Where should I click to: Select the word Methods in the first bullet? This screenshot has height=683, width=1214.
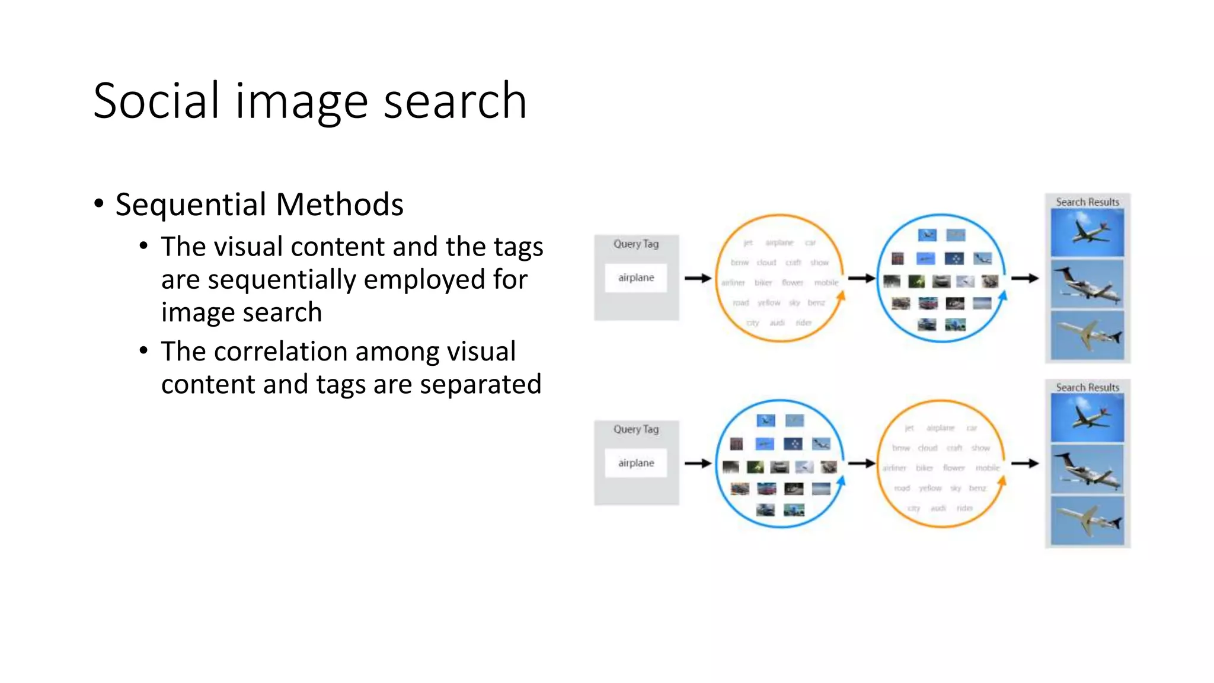coord(340,205)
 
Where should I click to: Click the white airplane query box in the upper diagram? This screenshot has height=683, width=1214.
coord(636,277)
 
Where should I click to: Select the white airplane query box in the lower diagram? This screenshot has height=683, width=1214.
coord(636,463)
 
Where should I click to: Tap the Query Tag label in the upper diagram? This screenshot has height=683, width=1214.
coord(636,244)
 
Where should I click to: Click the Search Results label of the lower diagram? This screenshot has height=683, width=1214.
coord(1087,387)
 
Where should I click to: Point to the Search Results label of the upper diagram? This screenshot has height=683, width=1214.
coord(1087,202)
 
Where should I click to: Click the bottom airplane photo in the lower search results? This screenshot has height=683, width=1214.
coord(1087,521)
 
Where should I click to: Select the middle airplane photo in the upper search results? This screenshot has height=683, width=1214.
coord(1087,284)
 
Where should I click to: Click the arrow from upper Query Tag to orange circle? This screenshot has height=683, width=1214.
coord(698,278)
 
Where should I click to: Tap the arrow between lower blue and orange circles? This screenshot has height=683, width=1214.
coord(861,463)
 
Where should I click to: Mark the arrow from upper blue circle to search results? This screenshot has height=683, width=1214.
coord(1025,278)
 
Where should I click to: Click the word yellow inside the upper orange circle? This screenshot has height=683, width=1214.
coord(769,303)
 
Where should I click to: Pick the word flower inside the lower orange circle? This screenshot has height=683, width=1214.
coord(954,468)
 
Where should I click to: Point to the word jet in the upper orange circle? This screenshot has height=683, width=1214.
coord(748,242)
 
